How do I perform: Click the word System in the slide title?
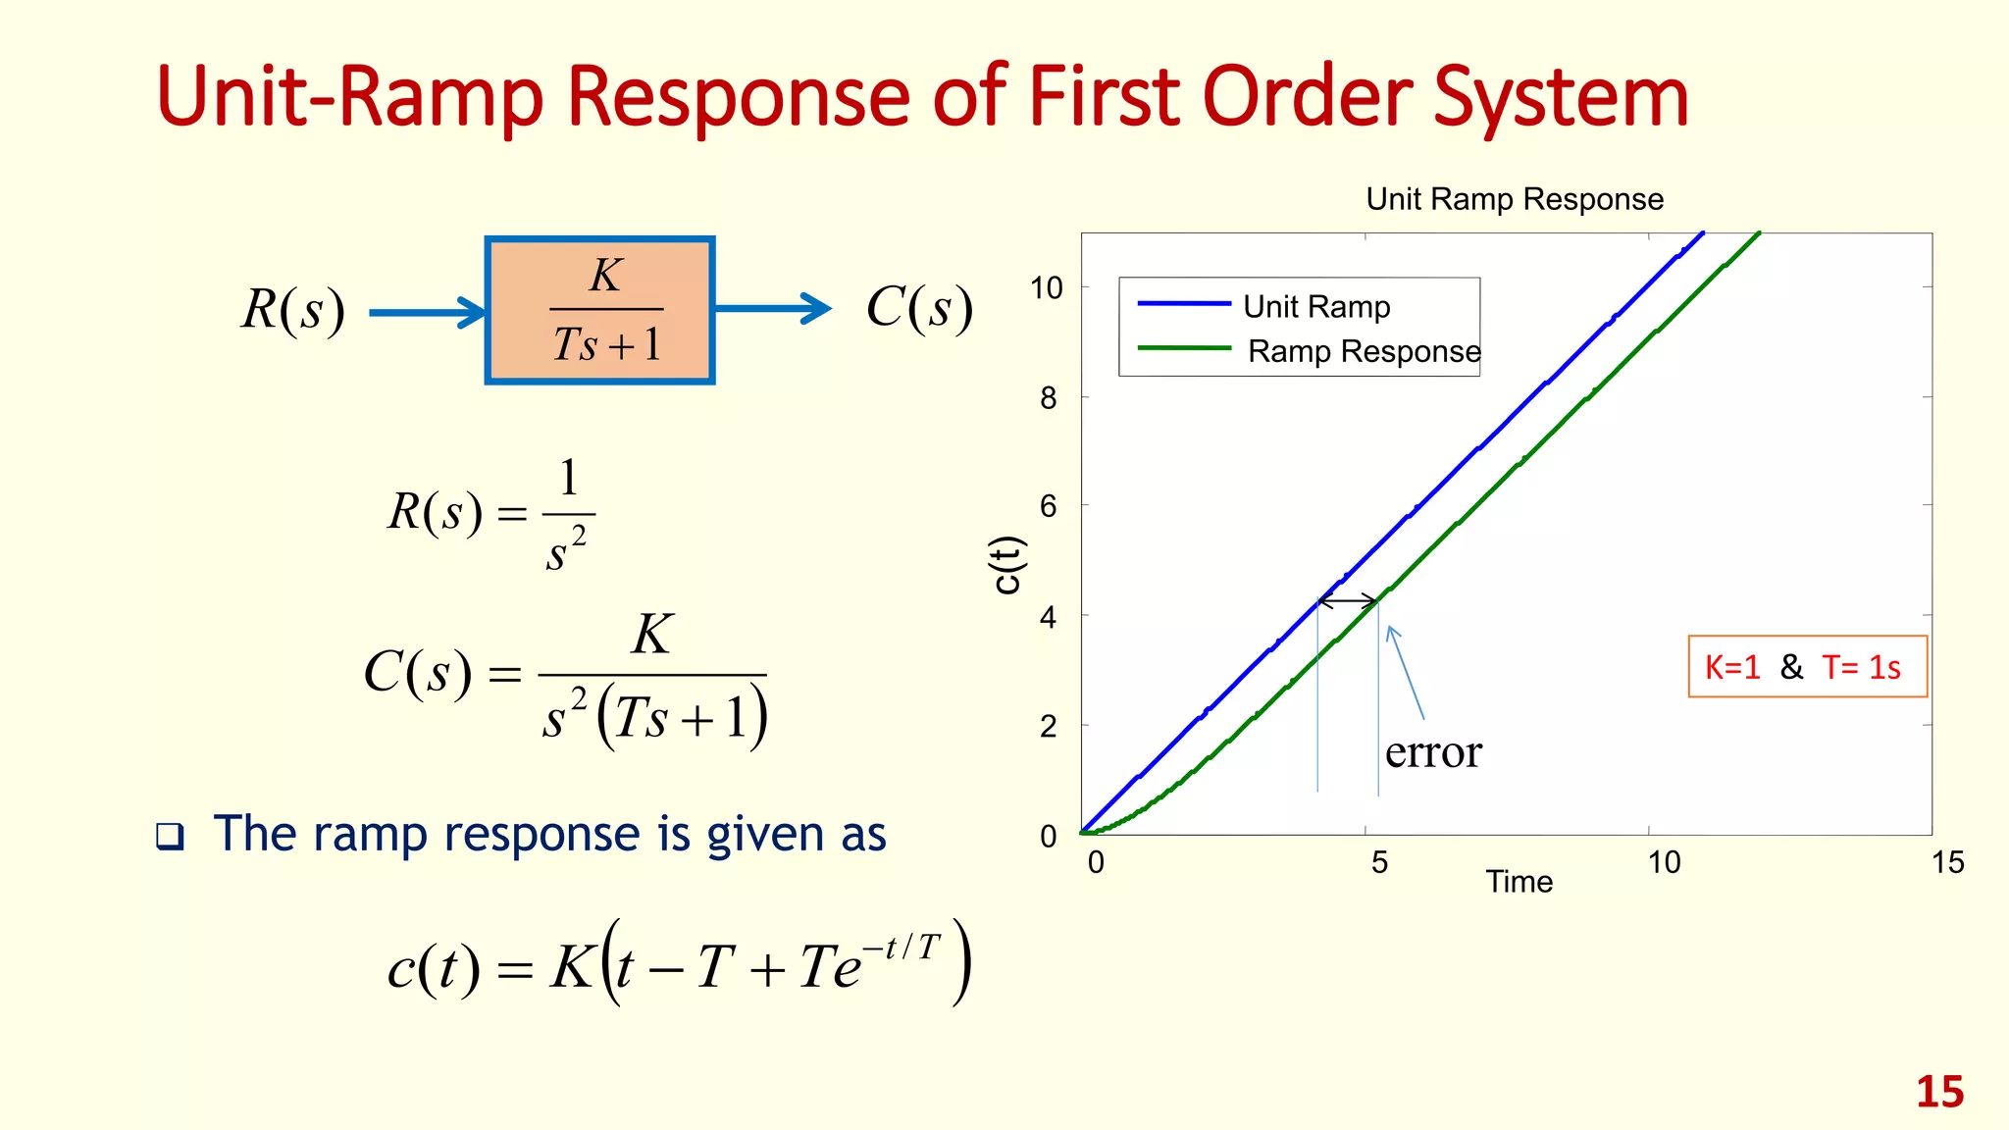(x=1561, y=98)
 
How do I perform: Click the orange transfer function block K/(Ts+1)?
(x=599, y=310)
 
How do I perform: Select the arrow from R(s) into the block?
(x=428, y=313)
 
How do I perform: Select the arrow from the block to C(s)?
(x=773, y=309)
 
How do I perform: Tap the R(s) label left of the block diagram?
(x=293, y=310)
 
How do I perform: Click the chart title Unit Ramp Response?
(x=1514, y=199)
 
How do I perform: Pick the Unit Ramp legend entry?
(x=1315, y=307)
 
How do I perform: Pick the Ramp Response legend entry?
(x=1363, y=351)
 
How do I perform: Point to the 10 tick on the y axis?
(x=1047, y=288)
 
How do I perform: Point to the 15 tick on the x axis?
(x=1947, y=863)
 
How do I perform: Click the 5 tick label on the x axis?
(x=1379, y=863)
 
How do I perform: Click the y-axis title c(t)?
(x=1007, y=565)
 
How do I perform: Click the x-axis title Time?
(x=1519, y=882)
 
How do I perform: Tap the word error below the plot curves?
(x=1433, y=753)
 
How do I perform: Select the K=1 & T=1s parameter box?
(x=1807, y=667)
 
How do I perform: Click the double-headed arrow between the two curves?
(x=1348, y=600)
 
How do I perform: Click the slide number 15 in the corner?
(x=1939, y=1093)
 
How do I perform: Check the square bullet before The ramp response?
(x=170, y=837)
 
